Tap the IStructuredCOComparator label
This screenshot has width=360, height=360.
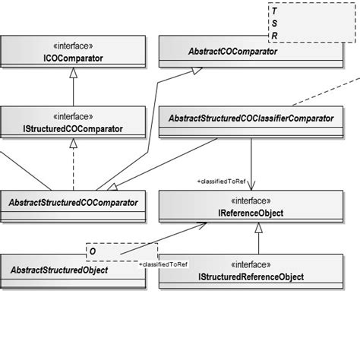click(x=73, y=129)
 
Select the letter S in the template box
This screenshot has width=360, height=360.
click(x=274, y=24)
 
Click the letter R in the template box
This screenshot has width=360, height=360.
click(x=274, y=35)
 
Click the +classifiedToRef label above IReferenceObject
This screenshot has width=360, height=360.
click(x=221, y=182)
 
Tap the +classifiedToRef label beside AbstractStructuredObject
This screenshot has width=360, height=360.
click(x=164, y=263)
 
